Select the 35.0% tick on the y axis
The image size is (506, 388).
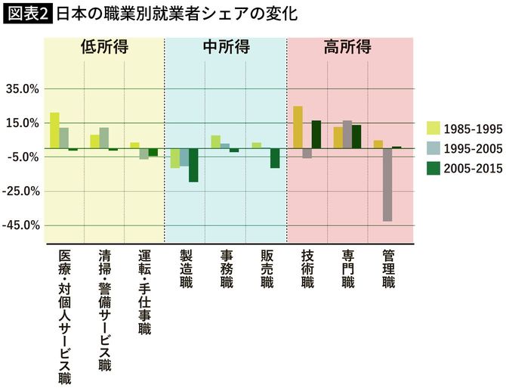[x=23, y=88]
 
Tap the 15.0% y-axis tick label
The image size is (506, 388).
[x=23, y=123]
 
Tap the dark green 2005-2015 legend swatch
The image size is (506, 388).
[x=433, y=169]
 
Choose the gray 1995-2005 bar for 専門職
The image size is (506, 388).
[x=347, y=134]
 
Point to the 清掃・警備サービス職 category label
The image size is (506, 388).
[x=104, y=310]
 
